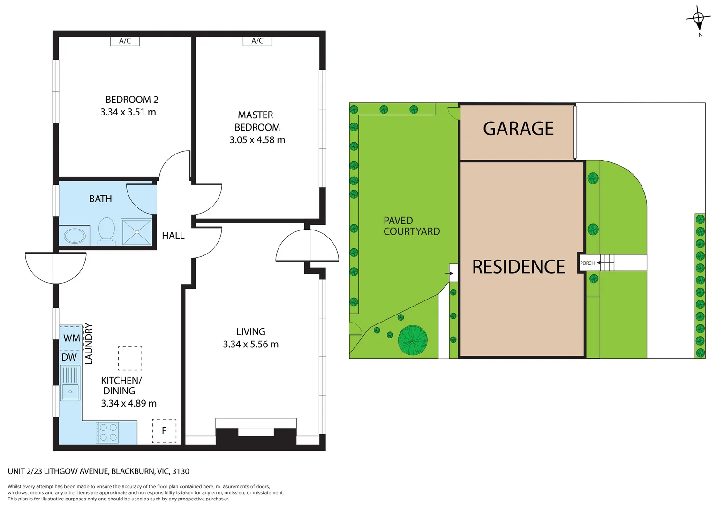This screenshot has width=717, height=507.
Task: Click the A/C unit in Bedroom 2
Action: [x=125, y=41]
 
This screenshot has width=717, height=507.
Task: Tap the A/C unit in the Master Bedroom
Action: [x=257, y=41]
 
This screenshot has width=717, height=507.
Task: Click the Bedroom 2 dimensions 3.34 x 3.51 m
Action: [x=128, y=112]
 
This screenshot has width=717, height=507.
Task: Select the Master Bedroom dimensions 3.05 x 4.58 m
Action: [x=257, y=140]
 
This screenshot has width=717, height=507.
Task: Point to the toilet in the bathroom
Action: [x=106, y=231]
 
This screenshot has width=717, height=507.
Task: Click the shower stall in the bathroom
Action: [x=136, y=232]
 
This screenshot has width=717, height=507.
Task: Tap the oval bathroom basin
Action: [x=75, y=237]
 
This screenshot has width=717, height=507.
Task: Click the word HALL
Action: [x=173, y=236]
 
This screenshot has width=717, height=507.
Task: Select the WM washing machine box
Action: [x=71, y=338]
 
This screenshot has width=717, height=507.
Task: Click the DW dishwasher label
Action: [x=69, y=357]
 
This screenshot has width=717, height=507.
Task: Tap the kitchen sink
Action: [x=70, y=384]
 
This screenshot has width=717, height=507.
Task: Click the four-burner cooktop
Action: [x=108, y=432]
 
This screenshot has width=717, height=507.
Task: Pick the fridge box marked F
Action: [x=164, y=431]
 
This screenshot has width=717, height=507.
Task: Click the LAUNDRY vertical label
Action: [x=89, y=344]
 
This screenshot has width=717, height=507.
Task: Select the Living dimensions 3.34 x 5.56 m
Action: [x=250, y=345]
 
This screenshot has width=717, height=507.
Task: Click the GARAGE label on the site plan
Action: [x=518, y=129]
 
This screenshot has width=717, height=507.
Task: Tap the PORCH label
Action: [x=588, y=263]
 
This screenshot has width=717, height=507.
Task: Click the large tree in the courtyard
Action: [x=413, y=340]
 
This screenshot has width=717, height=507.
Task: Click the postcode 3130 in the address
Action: [x=181, y=471]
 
